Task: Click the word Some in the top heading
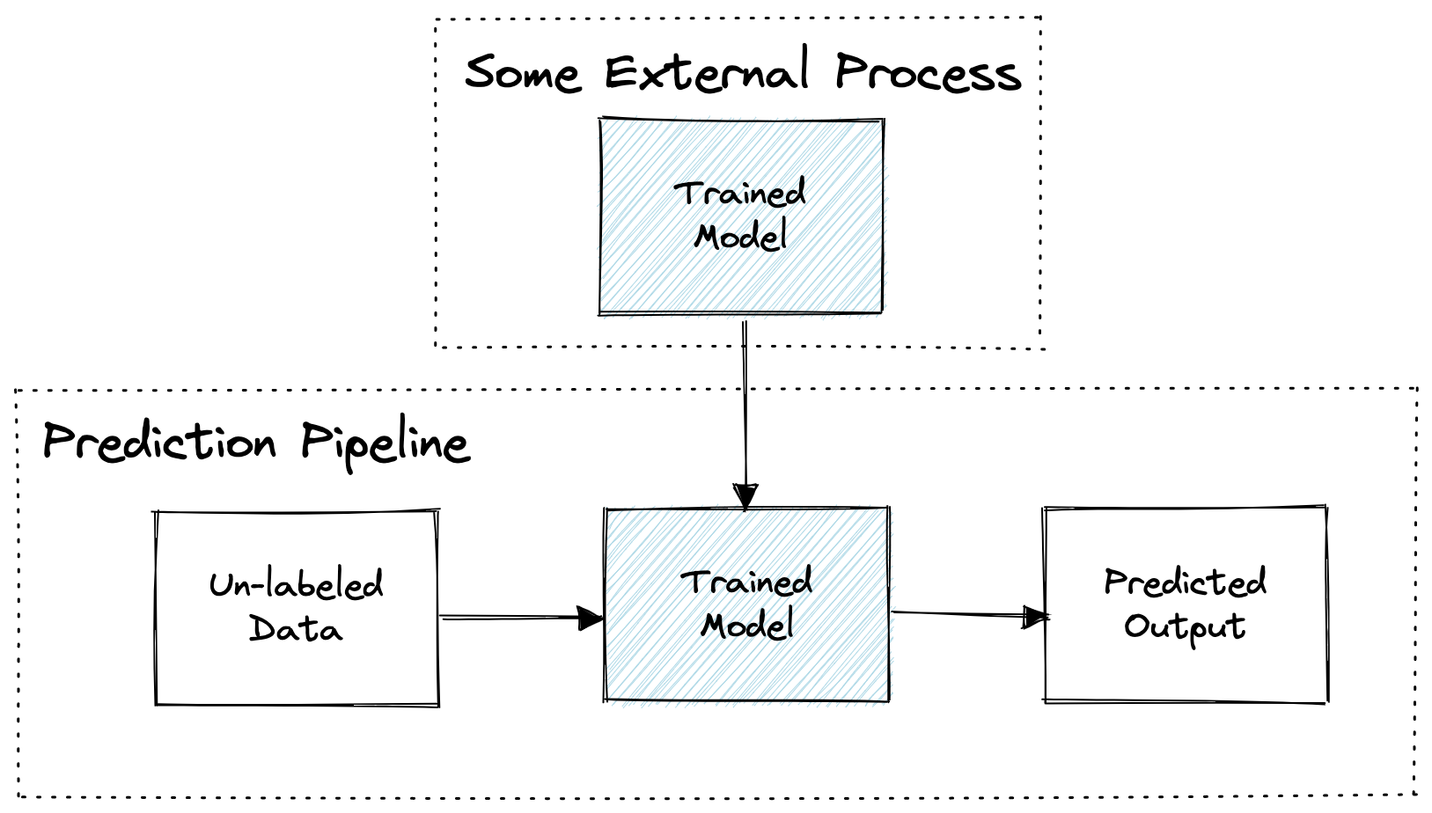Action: [523, 74]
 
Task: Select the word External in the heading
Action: [708, 70]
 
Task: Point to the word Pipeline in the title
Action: [386, 445]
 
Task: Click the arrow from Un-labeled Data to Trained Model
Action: [522, 618]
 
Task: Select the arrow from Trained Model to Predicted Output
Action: [970, 615]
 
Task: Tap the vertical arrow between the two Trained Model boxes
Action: [745, 415]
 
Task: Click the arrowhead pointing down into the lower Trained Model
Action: [745, 497]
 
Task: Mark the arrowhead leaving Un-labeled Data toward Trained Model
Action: [591, 618]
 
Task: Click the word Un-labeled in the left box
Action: [296, 584]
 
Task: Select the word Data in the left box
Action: [296, 627]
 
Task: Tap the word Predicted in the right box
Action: [1186, 582]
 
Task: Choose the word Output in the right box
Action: [1185, 627]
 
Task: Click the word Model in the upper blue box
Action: [740, 236]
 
